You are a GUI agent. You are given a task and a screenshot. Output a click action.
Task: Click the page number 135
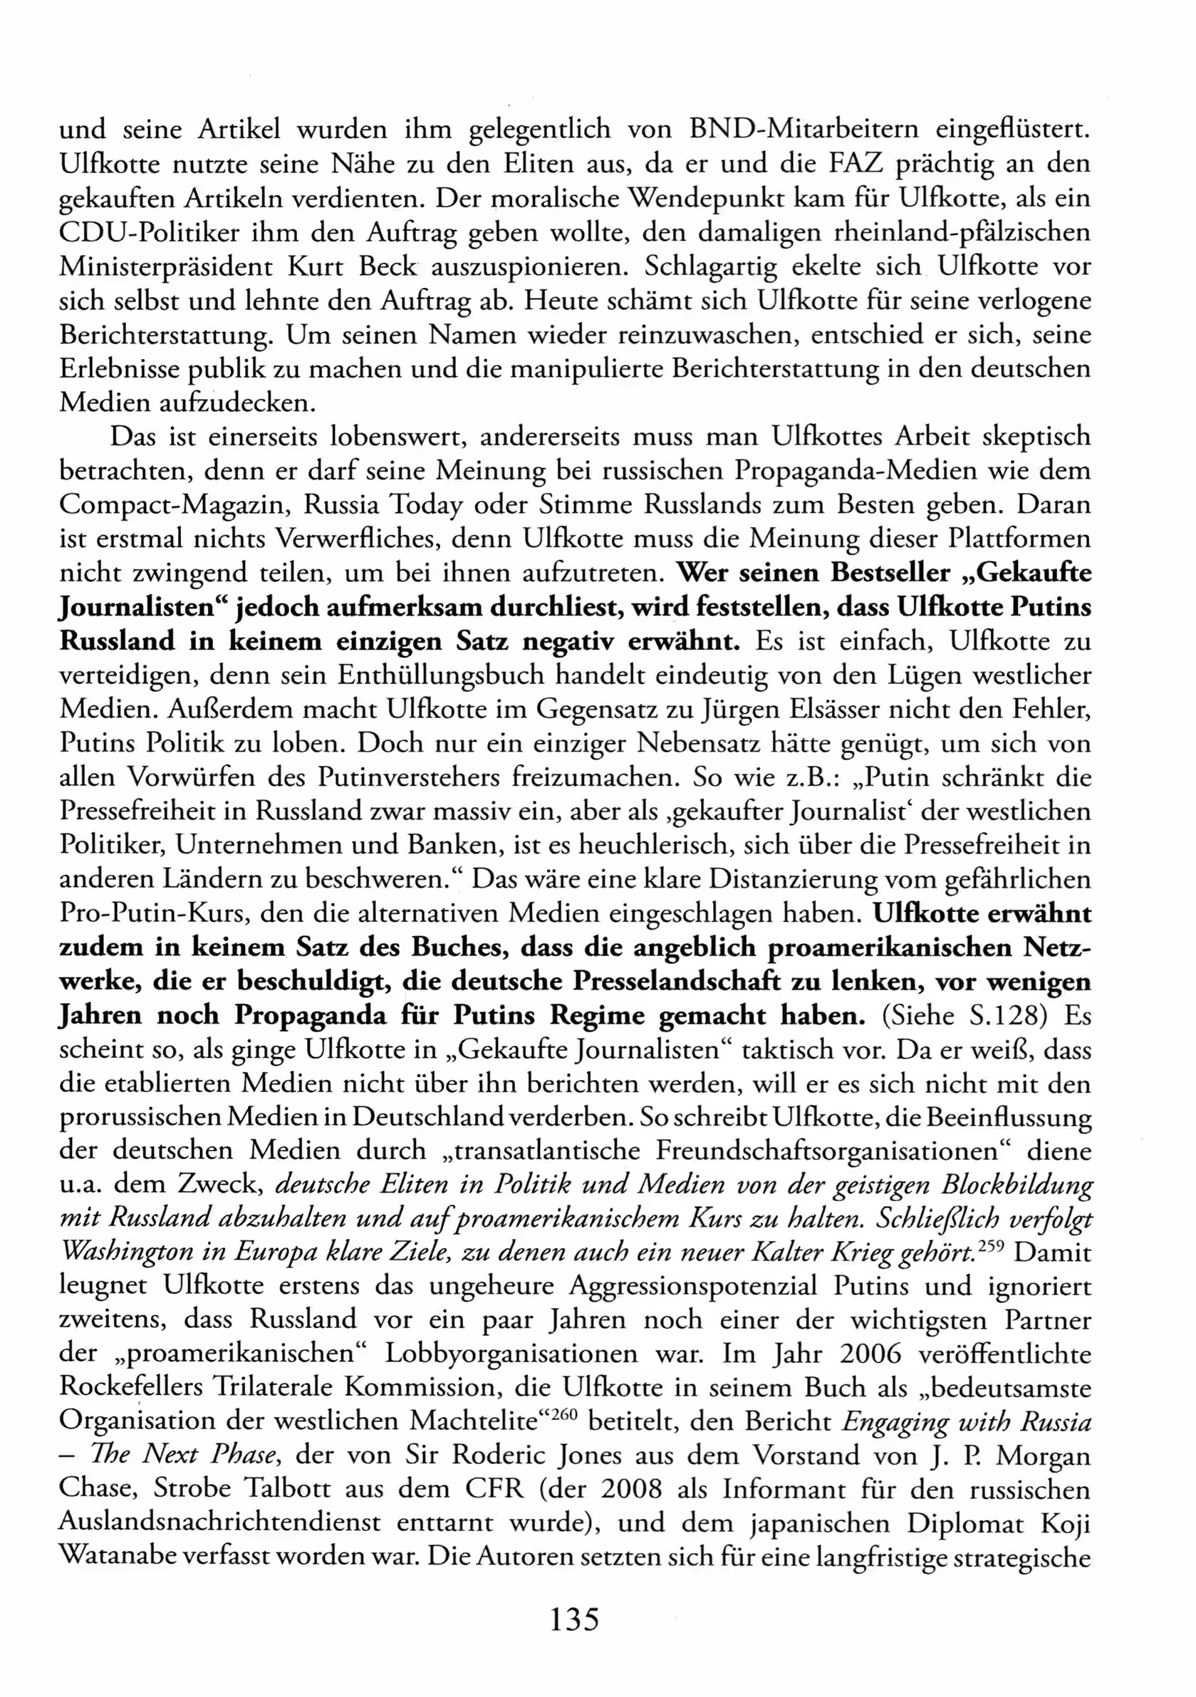(x=574, y=1619)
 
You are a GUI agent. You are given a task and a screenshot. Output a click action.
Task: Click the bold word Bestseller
(x=890, y=573)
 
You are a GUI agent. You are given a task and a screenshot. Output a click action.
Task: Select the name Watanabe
(x=115, y=1557)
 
